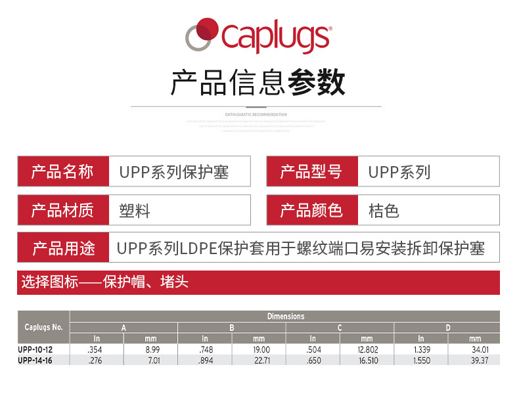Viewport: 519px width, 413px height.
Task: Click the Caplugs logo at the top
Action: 258,37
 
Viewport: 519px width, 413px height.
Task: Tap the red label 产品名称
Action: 62,172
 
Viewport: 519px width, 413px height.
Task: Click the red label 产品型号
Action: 311,172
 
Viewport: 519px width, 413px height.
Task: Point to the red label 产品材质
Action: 62,210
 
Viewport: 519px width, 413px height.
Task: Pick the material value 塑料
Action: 135,211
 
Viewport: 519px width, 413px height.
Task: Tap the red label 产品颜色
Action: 311,210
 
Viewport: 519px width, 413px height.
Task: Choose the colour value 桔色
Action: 384,211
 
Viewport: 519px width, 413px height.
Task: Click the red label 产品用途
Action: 63,248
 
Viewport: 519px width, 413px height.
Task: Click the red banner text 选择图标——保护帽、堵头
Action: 105,282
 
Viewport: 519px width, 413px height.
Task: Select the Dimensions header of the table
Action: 285,316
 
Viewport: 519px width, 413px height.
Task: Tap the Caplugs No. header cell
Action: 43,327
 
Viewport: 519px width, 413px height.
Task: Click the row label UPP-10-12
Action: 35,350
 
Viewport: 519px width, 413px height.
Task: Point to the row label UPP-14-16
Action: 35,360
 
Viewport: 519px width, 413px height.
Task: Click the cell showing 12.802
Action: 368,350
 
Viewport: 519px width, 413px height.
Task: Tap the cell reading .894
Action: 206,360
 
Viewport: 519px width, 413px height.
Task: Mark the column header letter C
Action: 340,327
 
